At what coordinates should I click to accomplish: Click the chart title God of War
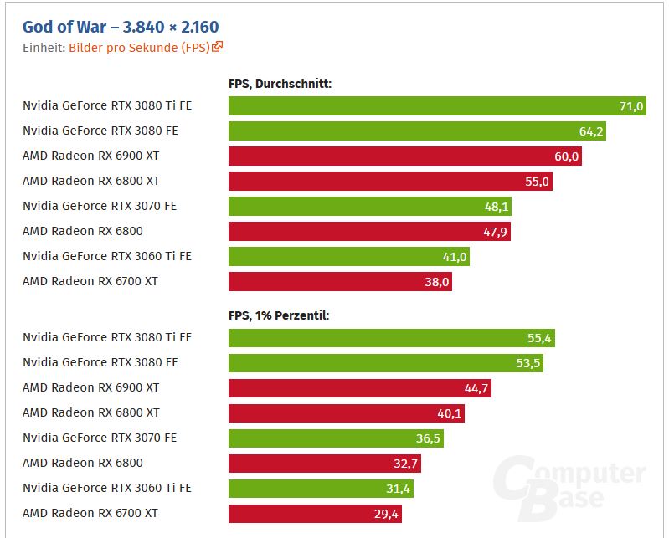coord(121,28)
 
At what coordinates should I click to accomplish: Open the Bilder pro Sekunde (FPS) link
coord(139,48)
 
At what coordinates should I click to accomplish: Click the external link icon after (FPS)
coord(218,48)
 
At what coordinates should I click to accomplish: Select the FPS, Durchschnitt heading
coord(280,84)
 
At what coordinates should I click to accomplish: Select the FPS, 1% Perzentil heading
coord(278,315)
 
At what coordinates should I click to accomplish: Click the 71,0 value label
coord(630,106)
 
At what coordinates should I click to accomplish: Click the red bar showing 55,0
coord(389,182)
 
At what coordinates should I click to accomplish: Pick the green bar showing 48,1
coord(368,207)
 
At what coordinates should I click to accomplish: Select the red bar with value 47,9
coord(368,232)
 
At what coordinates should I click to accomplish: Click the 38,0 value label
coord(437,282)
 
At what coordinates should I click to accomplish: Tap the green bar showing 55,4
coord(391,338)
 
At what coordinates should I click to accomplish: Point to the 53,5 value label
coord(529,363)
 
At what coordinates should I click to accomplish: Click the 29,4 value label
coord(387,514)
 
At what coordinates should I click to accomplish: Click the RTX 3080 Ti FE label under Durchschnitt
coord(107,106)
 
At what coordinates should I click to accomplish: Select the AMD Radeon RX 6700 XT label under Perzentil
coord(90,513)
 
